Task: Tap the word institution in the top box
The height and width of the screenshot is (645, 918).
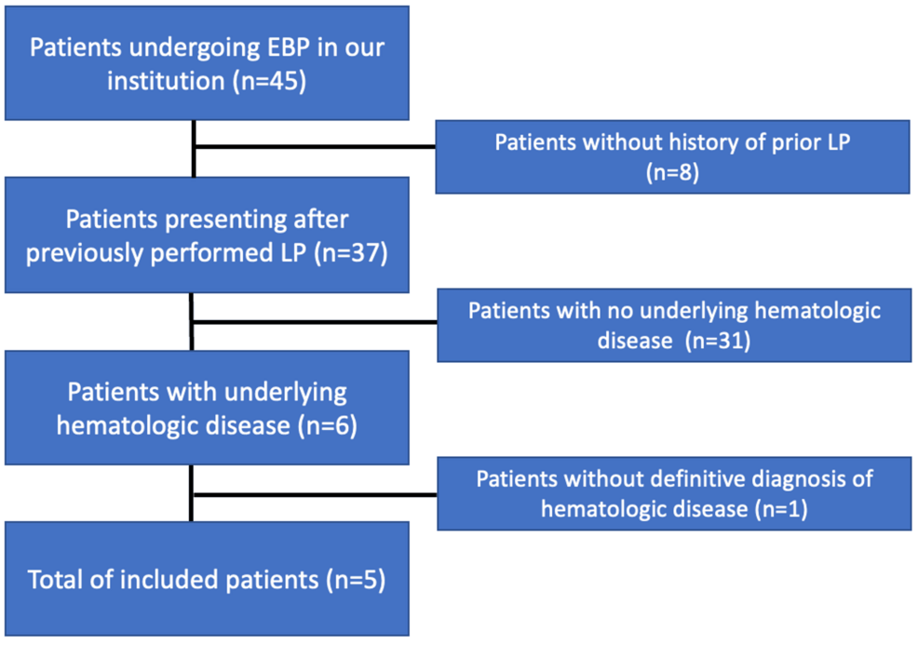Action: coord(165,80)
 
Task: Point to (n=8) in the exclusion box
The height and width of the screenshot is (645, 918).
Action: coord(673,172)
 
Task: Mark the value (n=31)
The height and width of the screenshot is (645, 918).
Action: coord(717,341)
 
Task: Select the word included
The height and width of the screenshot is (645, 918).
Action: coord(177,580)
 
